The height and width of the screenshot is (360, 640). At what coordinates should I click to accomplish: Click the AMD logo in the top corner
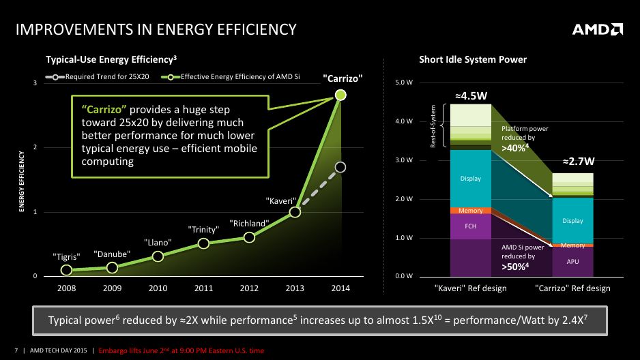click(x=597, y=29)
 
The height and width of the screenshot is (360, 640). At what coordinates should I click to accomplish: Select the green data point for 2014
click(x=340, y=95)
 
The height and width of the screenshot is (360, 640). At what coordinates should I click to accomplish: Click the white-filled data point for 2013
click(x=295, y=212)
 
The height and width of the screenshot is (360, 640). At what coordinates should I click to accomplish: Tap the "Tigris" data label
click(x=67, y=257)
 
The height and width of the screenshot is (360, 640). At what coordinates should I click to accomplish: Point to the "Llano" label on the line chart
click(x=158, y=243)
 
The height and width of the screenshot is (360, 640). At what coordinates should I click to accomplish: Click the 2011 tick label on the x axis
click(x=203, y=288)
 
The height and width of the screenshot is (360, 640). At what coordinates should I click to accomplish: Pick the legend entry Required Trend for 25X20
click(x=97, y=76)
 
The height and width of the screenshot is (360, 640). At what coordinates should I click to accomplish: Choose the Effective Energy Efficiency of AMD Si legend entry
click(x=231, y=76)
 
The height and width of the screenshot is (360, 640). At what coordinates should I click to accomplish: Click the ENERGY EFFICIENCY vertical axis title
click(x=22, y=181)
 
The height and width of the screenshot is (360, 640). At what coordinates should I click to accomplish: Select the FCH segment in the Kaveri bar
click(x=471, y=226)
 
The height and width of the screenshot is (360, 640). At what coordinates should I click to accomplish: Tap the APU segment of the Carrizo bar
click(x=572, y=262)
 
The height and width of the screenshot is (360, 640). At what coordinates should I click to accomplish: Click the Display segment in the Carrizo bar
click(x=572, y=220)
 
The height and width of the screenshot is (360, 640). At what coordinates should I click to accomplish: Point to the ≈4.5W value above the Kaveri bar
click(x=471, y=96)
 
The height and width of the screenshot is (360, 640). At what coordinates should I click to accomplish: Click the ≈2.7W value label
click(x=579, y=162)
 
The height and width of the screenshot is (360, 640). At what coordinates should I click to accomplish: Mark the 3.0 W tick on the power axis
click(x=404, y=160)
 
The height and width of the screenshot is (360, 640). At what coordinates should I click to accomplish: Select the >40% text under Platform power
click(x=515, y=147)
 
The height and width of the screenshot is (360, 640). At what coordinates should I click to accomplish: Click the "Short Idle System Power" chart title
click(x=473, y=59)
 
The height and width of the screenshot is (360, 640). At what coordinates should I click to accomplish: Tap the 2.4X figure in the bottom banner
click(x=574, y=320)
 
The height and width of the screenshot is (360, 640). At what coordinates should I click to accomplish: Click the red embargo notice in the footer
click(x=181, y=350)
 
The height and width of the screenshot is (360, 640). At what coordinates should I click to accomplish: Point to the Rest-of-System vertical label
click(x=433, y=126)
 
